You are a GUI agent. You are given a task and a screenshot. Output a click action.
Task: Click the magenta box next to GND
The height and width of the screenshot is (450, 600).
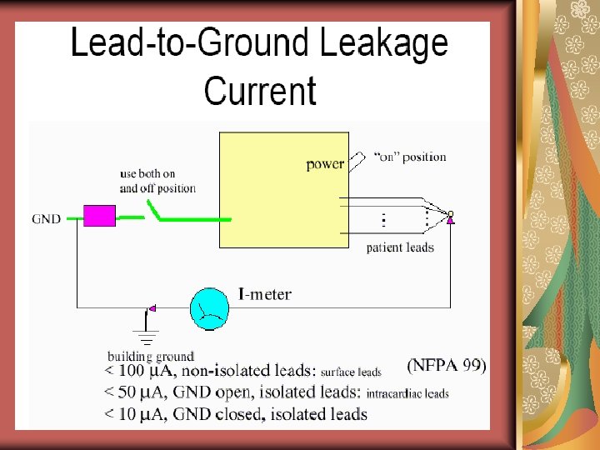100,217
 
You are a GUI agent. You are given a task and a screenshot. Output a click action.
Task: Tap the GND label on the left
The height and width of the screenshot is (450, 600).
47,219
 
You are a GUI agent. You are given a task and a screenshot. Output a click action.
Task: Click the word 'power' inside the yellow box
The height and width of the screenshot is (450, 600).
325,164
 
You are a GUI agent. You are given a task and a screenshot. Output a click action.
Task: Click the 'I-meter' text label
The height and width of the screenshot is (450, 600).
265,294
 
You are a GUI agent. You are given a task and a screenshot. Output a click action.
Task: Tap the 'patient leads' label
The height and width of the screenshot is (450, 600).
400,247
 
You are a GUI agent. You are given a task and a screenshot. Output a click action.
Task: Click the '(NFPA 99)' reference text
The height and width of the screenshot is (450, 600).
446,365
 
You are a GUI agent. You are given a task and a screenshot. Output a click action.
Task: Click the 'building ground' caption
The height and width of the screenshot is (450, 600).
151,356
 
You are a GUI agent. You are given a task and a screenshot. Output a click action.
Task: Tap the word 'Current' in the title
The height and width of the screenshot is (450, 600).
260,91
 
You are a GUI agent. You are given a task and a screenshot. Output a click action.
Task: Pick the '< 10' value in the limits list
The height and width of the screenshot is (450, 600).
121,414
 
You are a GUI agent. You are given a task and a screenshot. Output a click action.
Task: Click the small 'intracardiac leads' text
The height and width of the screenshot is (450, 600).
407,394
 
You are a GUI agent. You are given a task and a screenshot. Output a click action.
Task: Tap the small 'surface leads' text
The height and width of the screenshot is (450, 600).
351,372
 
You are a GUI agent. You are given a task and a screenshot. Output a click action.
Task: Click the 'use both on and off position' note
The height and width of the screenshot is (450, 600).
158,181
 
